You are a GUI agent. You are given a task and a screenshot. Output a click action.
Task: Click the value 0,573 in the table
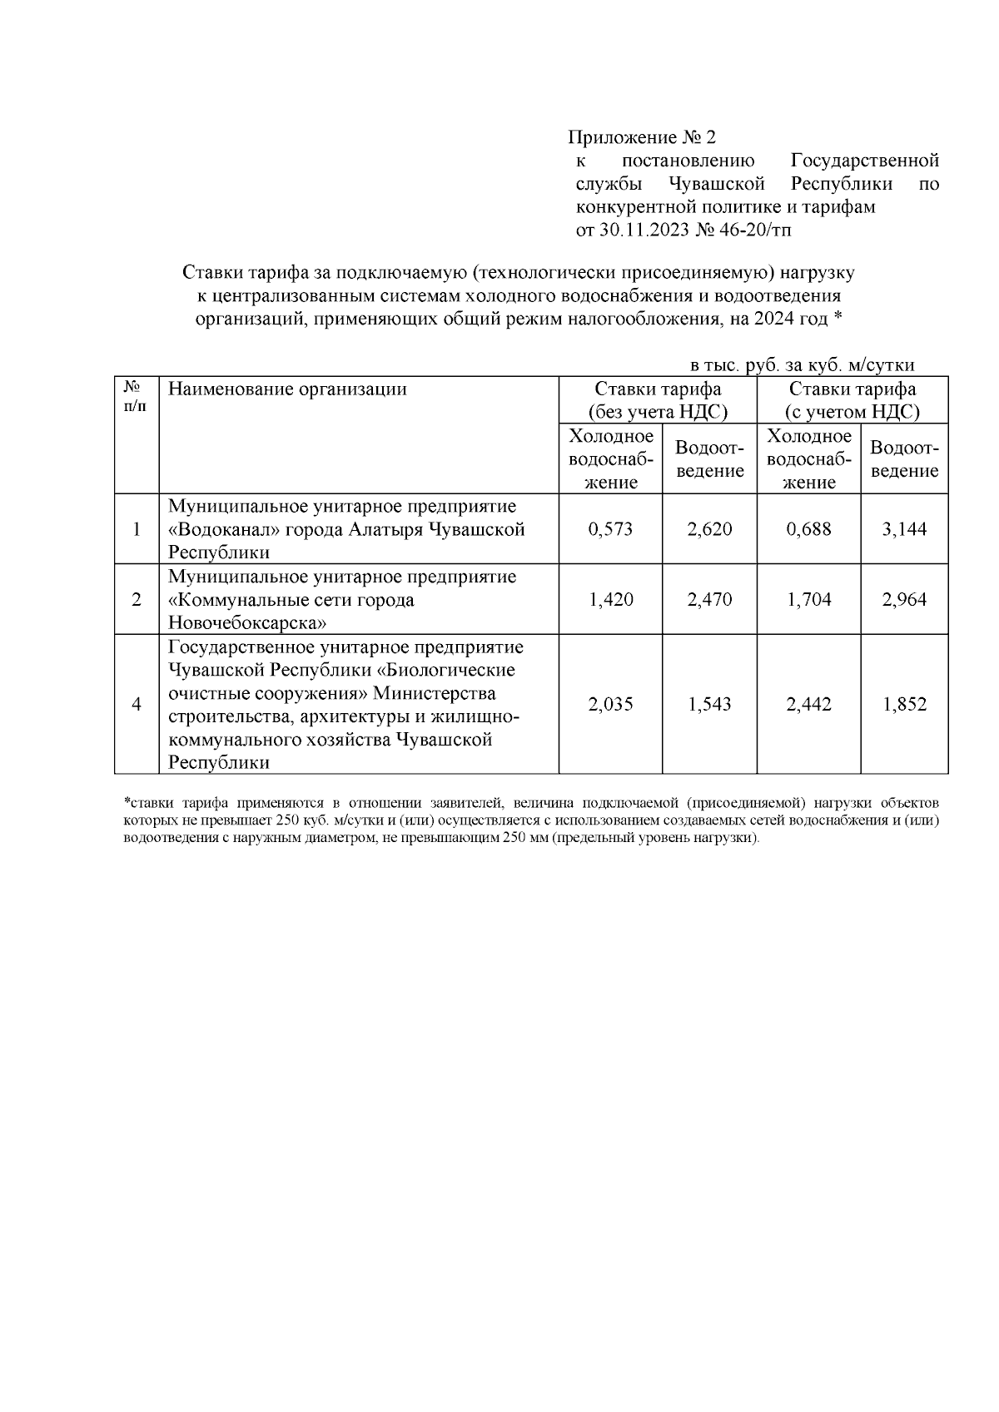click(609, 529)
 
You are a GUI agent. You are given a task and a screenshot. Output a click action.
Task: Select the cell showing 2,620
click(709, 529)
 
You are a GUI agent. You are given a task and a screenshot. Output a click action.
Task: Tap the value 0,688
click(808, 529)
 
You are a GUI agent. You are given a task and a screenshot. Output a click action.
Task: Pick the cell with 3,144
click(904, 529)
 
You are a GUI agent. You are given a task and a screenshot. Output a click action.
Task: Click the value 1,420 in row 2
click(610, 600)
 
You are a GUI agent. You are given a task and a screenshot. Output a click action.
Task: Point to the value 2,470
click(709, 600)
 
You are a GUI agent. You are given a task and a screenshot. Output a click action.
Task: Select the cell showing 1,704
click(808, 600)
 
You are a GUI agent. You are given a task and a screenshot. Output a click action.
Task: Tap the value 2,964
click(904, 600)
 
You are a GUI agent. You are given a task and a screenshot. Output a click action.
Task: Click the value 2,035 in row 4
click(610, 705)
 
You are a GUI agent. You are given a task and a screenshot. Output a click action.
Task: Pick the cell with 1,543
click(709, 705)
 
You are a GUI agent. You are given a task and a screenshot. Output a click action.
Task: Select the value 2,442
click(808, 705)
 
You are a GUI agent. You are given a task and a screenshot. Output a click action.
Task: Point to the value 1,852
click(904, 705)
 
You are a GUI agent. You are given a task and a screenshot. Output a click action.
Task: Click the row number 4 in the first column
click(137, 705)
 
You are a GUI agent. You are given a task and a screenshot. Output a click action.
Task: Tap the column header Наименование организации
click(287, 389)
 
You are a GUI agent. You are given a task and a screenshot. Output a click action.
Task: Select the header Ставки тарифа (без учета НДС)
click(658, 400)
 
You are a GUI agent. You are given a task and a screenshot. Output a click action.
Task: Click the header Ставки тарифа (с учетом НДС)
click(852, 400)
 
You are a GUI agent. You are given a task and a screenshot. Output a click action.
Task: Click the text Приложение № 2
click(641, 137)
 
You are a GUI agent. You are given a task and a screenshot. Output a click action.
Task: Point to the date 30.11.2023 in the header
click(644, 230)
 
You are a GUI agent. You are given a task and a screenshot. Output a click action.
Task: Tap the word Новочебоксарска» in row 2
click(247, 623)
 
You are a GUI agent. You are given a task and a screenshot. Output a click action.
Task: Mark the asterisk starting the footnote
click(127, 802)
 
